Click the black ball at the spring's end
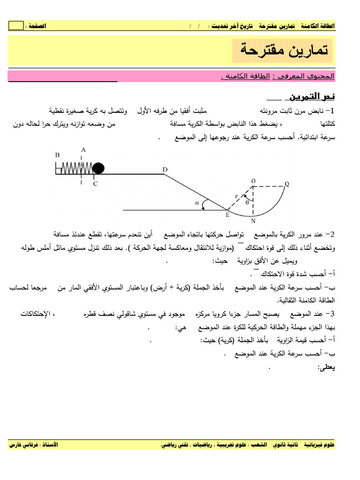coord(98,168)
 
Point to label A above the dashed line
coord(83,150)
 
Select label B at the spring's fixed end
coord(57,155)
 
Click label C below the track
coord(95,184)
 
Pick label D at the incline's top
coord(165,169)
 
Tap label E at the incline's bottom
coord(227,215)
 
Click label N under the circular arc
coord(253,221)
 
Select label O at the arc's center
coord(253,181)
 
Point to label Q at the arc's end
coord(287,184)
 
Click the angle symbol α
coord(197,203)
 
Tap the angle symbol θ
coord(247,202)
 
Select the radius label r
coord(236,196)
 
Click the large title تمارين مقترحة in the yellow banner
coord(283,50)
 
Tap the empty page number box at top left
coord(15,26)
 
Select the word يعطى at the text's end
coord(326,368)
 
